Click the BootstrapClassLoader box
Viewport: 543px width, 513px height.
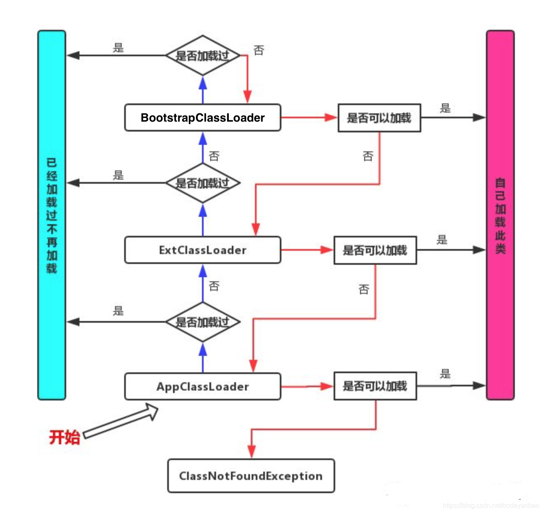click(x=202, y=118)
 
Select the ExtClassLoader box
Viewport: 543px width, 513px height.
click(x=202, y=250)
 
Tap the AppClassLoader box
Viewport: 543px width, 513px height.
click(x=202, y=386)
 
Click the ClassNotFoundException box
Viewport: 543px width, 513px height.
click(x=251, y=476)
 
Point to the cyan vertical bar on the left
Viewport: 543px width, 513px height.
click(x=52, y=215)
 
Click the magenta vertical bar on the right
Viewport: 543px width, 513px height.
click(x=500, y=215)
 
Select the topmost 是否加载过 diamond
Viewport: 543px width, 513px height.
click(x=202, y=55)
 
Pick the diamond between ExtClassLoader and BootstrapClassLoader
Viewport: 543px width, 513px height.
click(x=202, y=183)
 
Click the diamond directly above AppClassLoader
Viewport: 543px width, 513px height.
click(x=202, y=322)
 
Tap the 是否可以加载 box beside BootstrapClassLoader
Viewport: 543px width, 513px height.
click(x=379, y=118)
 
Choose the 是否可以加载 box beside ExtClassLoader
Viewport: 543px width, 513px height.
click(x=375, y=250)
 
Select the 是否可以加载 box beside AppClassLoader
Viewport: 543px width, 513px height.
click(x=375, y=386)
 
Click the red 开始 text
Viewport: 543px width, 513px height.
click(x=64, y=437)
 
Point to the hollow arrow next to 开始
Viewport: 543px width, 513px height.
click(x=121, y=421)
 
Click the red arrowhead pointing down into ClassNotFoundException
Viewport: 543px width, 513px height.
click(x=252, y=451)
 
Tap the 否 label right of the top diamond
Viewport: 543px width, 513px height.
click(x=259, y=50)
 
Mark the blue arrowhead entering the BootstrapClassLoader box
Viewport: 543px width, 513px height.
click(x=202, y=139)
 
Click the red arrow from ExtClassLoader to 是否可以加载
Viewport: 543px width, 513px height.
click(x=306, y=250)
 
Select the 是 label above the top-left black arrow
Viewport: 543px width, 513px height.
click(x=118, y=48)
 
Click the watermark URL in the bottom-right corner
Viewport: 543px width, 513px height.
click(x=490, y=506)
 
